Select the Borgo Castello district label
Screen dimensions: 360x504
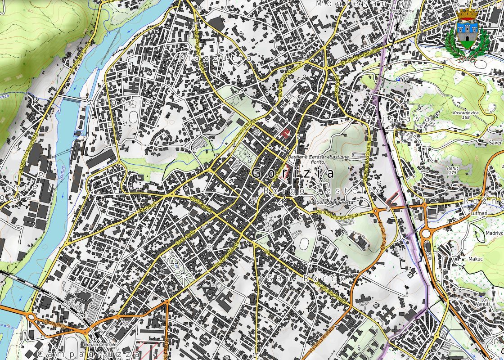pos(322,191)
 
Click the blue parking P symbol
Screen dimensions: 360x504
pos(398,79)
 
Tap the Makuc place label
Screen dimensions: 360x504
pos(475,259)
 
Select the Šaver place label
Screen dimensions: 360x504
pos(495,142)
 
